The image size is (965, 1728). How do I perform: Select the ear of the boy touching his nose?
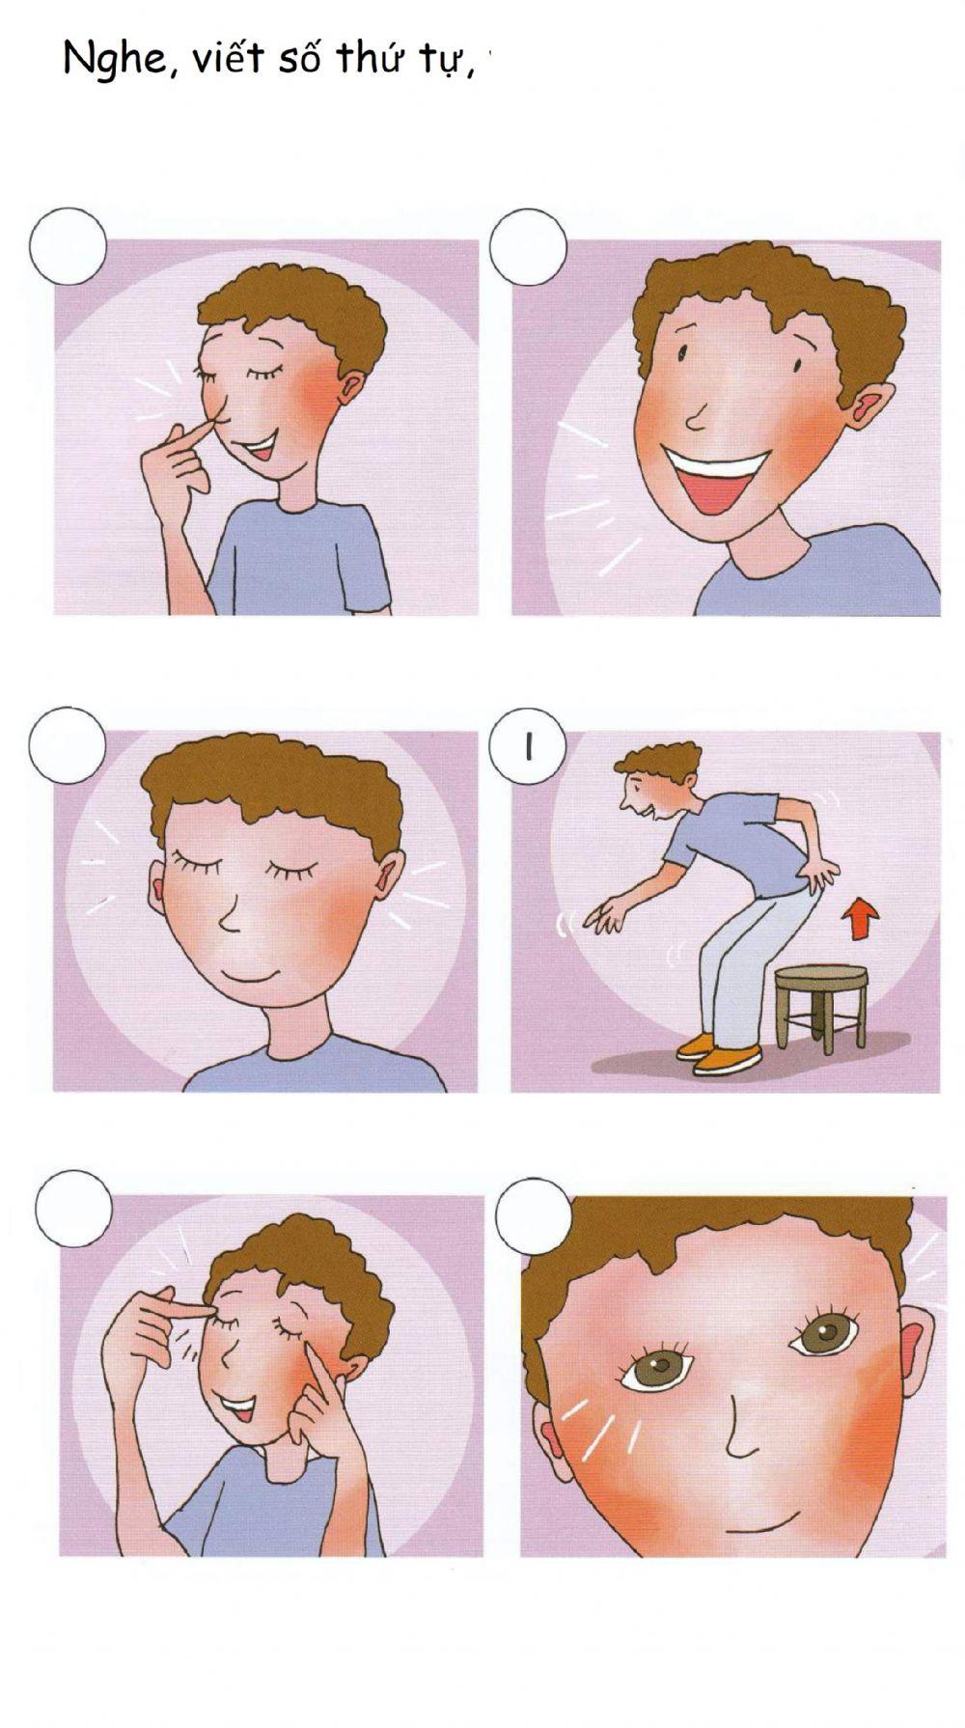(352, 387)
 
